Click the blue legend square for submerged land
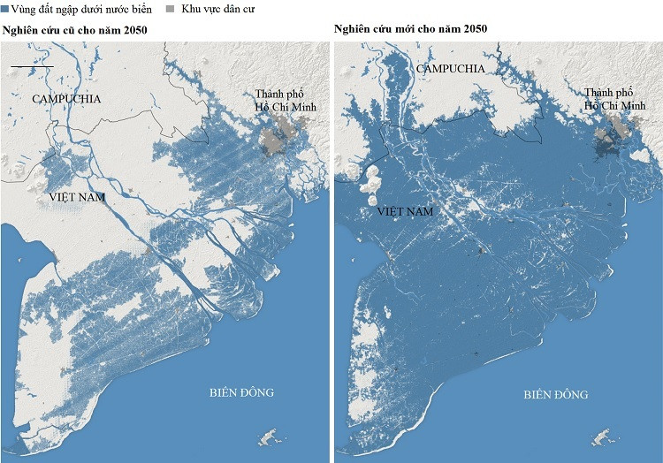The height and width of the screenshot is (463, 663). [5, 9]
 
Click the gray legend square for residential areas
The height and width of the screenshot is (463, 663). [171, 9]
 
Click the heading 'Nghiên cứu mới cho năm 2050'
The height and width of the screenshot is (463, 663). [410, 28]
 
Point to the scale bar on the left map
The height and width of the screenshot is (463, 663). [32, 66]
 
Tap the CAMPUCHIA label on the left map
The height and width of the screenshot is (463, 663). [66, 99]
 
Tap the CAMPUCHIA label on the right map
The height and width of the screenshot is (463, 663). [450, 68]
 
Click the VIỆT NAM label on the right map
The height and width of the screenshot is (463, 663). [406, 212]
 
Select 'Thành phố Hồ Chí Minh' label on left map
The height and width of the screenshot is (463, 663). [286, 101]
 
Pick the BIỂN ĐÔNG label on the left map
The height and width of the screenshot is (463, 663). [242, 391]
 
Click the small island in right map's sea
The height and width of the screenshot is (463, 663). [604, 438]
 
